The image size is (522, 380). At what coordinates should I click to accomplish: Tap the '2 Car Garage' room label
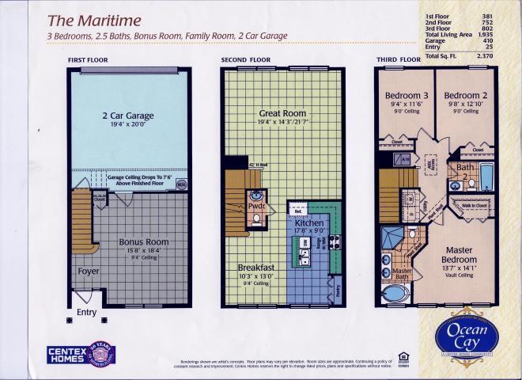(127, 116)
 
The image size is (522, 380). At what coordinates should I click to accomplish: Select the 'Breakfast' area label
(256, 268)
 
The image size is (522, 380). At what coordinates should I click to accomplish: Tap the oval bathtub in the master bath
(393, 295)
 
